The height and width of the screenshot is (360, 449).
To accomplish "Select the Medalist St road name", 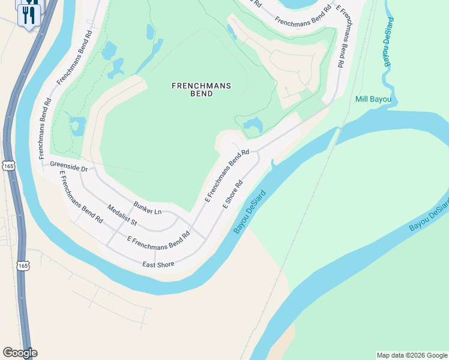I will tap(122, 216).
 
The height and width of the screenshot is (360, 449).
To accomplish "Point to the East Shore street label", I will tap(158, 264).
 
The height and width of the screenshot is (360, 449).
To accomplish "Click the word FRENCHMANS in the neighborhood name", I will tap(201, 86).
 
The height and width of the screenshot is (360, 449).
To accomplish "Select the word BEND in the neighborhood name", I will tap(201, 94).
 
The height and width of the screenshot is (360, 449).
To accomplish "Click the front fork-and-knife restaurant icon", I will tap(28, 14).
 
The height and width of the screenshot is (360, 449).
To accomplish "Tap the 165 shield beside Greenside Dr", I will tap(8, 166).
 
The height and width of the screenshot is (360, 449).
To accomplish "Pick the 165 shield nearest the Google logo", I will tap(23, 265).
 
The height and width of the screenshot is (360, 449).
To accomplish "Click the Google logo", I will tap(20, 353).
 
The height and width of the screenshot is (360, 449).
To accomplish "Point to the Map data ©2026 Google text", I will tap(412, 355).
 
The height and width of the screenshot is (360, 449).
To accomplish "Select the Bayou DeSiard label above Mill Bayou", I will tap(390, 42).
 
